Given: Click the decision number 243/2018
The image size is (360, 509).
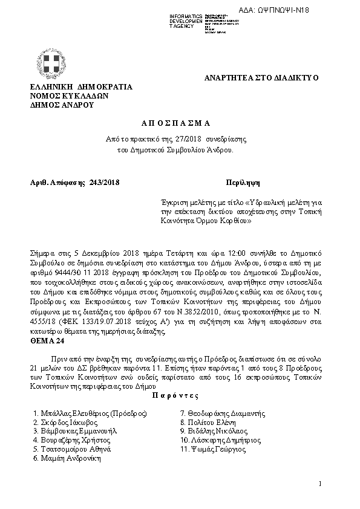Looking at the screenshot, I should (104, 182).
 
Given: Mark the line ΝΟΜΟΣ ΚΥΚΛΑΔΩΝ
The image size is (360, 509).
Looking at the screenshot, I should (69, 96).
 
